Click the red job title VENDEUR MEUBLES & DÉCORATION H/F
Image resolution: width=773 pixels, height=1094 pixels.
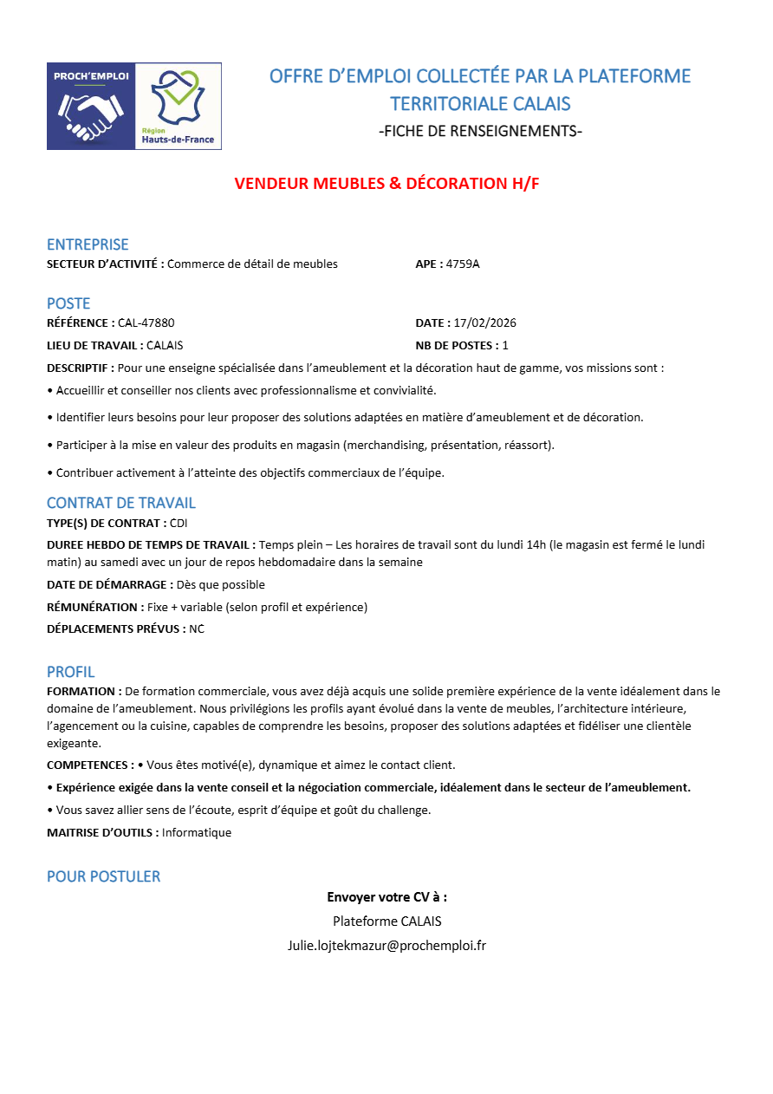point(386,184)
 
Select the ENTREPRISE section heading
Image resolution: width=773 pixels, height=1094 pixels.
point(88,244)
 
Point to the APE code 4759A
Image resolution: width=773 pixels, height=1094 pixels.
point(463,264)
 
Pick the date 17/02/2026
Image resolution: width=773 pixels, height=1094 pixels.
point(485,322)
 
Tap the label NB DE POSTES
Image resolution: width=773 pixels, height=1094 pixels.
point(457,345)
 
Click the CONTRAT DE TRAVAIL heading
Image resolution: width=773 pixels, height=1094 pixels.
point(121,503)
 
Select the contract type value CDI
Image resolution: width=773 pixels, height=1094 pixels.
point(179,523)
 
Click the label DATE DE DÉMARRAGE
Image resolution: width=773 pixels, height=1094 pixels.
point(109,584)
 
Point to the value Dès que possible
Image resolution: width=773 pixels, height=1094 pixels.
point(221,584)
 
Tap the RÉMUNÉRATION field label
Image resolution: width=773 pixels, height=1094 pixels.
point(95,607)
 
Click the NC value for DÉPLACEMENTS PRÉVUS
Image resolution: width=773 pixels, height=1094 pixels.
point(197,628)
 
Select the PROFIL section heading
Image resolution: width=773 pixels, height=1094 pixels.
point(71,672)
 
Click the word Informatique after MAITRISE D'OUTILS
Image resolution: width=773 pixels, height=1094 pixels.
point(197,832)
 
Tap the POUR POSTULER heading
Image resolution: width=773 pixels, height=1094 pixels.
point(104,876)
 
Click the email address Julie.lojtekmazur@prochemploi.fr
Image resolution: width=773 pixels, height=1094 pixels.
point(386,945)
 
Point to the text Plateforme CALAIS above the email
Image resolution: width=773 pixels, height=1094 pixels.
point(386,921)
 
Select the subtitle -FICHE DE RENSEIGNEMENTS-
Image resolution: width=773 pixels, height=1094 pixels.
point(480,132)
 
